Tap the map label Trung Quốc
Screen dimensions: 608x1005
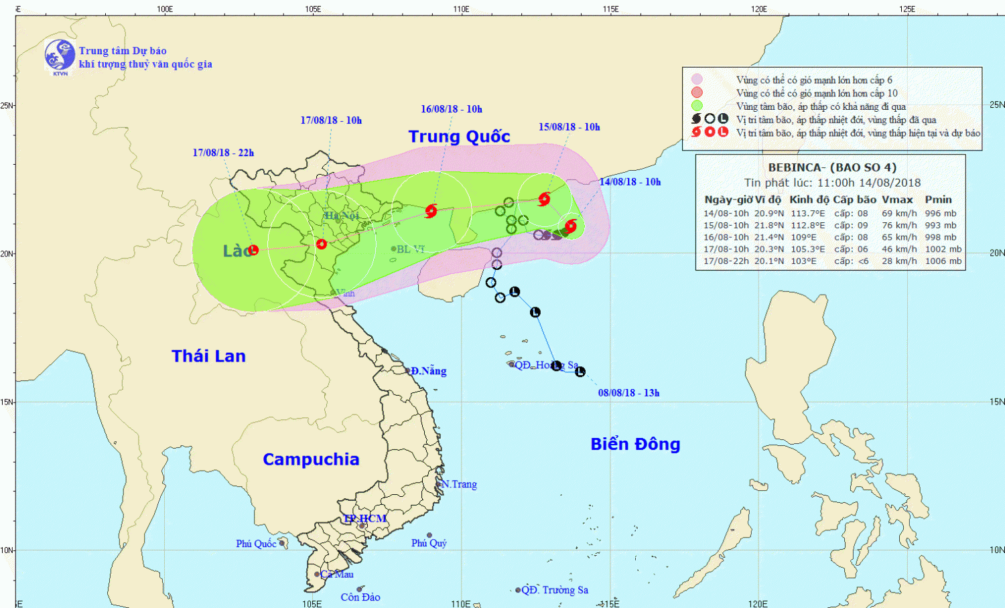coord(459,137)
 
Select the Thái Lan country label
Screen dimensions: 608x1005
coord(208,356)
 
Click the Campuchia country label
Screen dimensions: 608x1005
coord(311,459)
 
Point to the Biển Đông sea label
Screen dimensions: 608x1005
coord(635,444)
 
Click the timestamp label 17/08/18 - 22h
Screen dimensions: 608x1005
coord(223,153)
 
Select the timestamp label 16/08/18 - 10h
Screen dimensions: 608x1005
coord(451,109)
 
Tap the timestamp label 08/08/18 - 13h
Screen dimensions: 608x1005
coord(628,393)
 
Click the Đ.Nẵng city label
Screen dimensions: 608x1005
coord(428,371)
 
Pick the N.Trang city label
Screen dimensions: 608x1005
coord(459,484)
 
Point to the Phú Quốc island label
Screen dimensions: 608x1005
coord(256,544)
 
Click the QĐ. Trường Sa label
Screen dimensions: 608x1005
coord(555,590)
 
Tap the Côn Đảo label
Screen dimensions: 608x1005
coord(360,597)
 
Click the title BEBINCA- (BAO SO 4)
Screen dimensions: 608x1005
coord(831,167)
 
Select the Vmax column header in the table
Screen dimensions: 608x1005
coord(897,200)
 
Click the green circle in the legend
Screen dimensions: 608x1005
coord(697,106)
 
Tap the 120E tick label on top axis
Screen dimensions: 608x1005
coord(758,9)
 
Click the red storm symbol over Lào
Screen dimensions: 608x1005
coord(253,250)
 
